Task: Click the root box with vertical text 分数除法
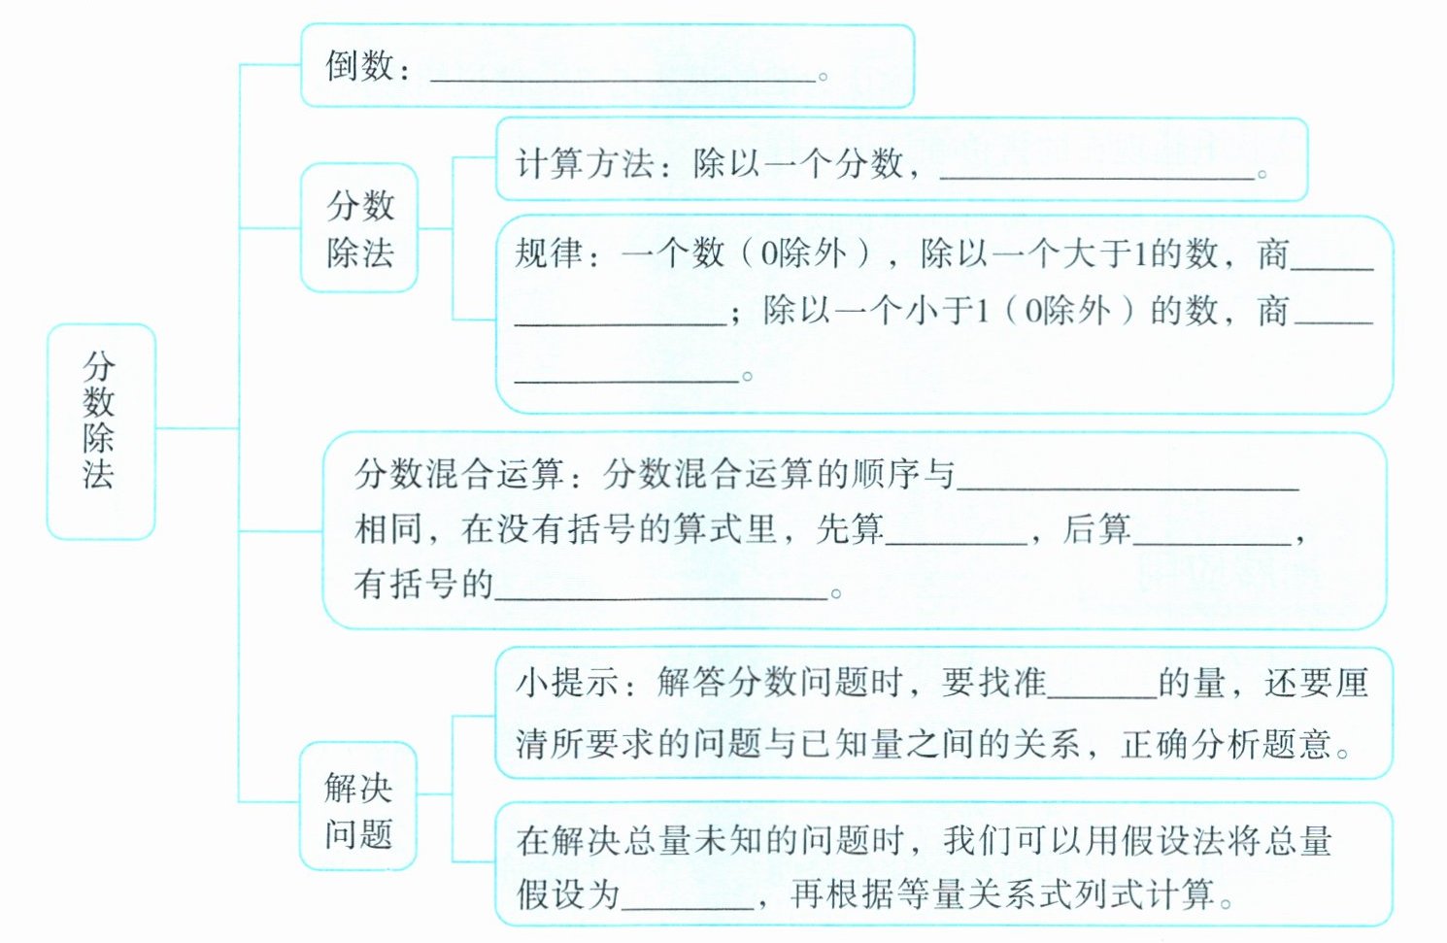(100, 430)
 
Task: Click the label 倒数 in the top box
(359, 67)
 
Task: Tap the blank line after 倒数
(622, 74)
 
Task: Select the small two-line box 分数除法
(359, 228)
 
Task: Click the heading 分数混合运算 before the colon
(459, 474)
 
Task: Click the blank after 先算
(957, 536)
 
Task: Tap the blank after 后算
(1212, 536)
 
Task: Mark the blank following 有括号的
(660, 591)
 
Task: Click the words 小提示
(567, 683)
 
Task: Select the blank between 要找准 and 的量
(1102, 690)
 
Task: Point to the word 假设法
(1173, 840)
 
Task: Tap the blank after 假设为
(688, 901)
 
